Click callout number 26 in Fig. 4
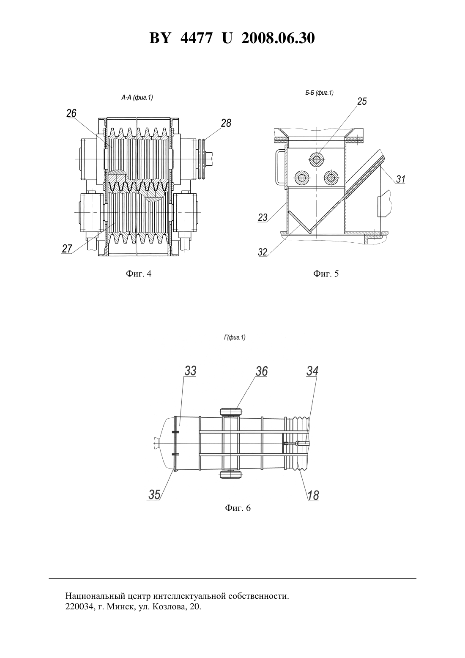pos(71,113)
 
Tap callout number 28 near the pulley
pos(226,123)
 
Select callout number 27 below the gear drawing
pos(67,249)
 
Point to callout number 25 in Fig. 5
pos(362,101)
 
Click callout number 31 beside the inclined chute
pos(401,179)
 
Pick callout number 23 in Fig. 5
pos(263,217)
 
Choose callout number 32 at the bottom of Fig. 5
pos(263,252)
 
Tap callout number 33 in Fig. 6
pos(190,371)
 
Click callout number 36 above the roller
pos(262,371)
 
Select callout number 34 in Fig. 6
pos(312,371)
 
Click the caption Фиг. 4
pos(139,274)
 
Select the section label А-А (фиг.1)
pos(137,98)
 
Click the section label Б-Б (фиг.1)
pos(320,93)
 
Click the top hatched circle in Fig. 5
pos(317,159)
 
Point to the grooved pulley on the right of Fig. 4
pos(202,159)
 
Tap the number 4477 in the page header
pos(196,38)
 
